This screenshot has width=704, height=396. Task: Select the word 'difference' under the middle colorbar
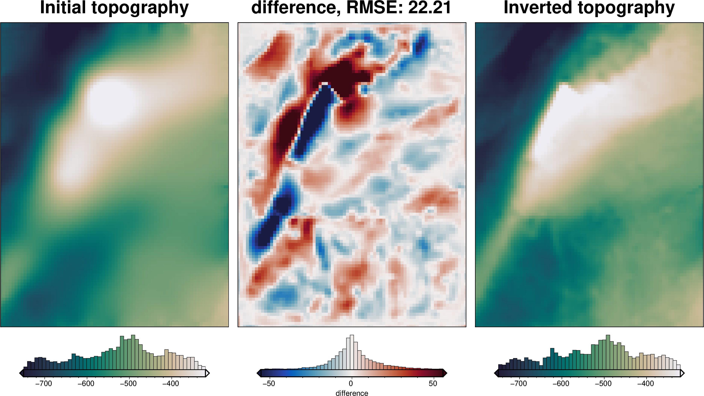click(x=352, y=393)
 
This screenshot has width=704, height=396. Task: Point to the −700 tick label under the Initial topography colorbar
click(x=43, y=383)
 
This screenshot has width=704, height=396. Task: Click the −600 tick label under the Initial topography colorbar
click(x=86, y=383)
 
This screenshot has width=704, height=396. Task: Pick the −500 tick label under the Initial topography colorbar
click(x=128, y=383)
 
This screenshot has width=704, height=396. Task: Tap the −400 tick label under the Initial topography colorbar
click(x=170, y=383)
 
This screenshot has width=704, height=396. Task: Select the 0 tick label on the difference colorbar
click(x=351, y=383)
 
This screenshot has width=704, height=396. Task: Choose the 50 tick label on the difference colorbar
click(x=433, y=383)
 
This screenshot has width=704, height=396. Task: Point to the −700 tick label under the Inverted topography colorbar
click(x=518, y=383)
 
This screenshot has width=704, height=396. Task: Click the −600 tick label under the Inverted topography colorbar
click(x=561, y=383)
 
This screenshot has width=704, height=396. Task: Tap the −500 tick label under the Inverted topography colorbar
click(x=603, y=383)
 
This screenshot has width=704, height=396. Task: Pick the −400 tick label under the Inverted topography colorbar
click(x=646, y=383)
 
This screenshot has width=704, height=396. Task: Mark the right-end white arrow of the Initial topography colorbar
click(x=207, y=373)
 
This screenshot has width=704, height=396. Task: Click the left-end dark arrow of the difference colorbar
click(x=259, y=373)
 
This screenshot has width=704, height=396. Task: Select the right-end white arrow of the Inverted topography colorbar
click(x=682, y=373)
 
